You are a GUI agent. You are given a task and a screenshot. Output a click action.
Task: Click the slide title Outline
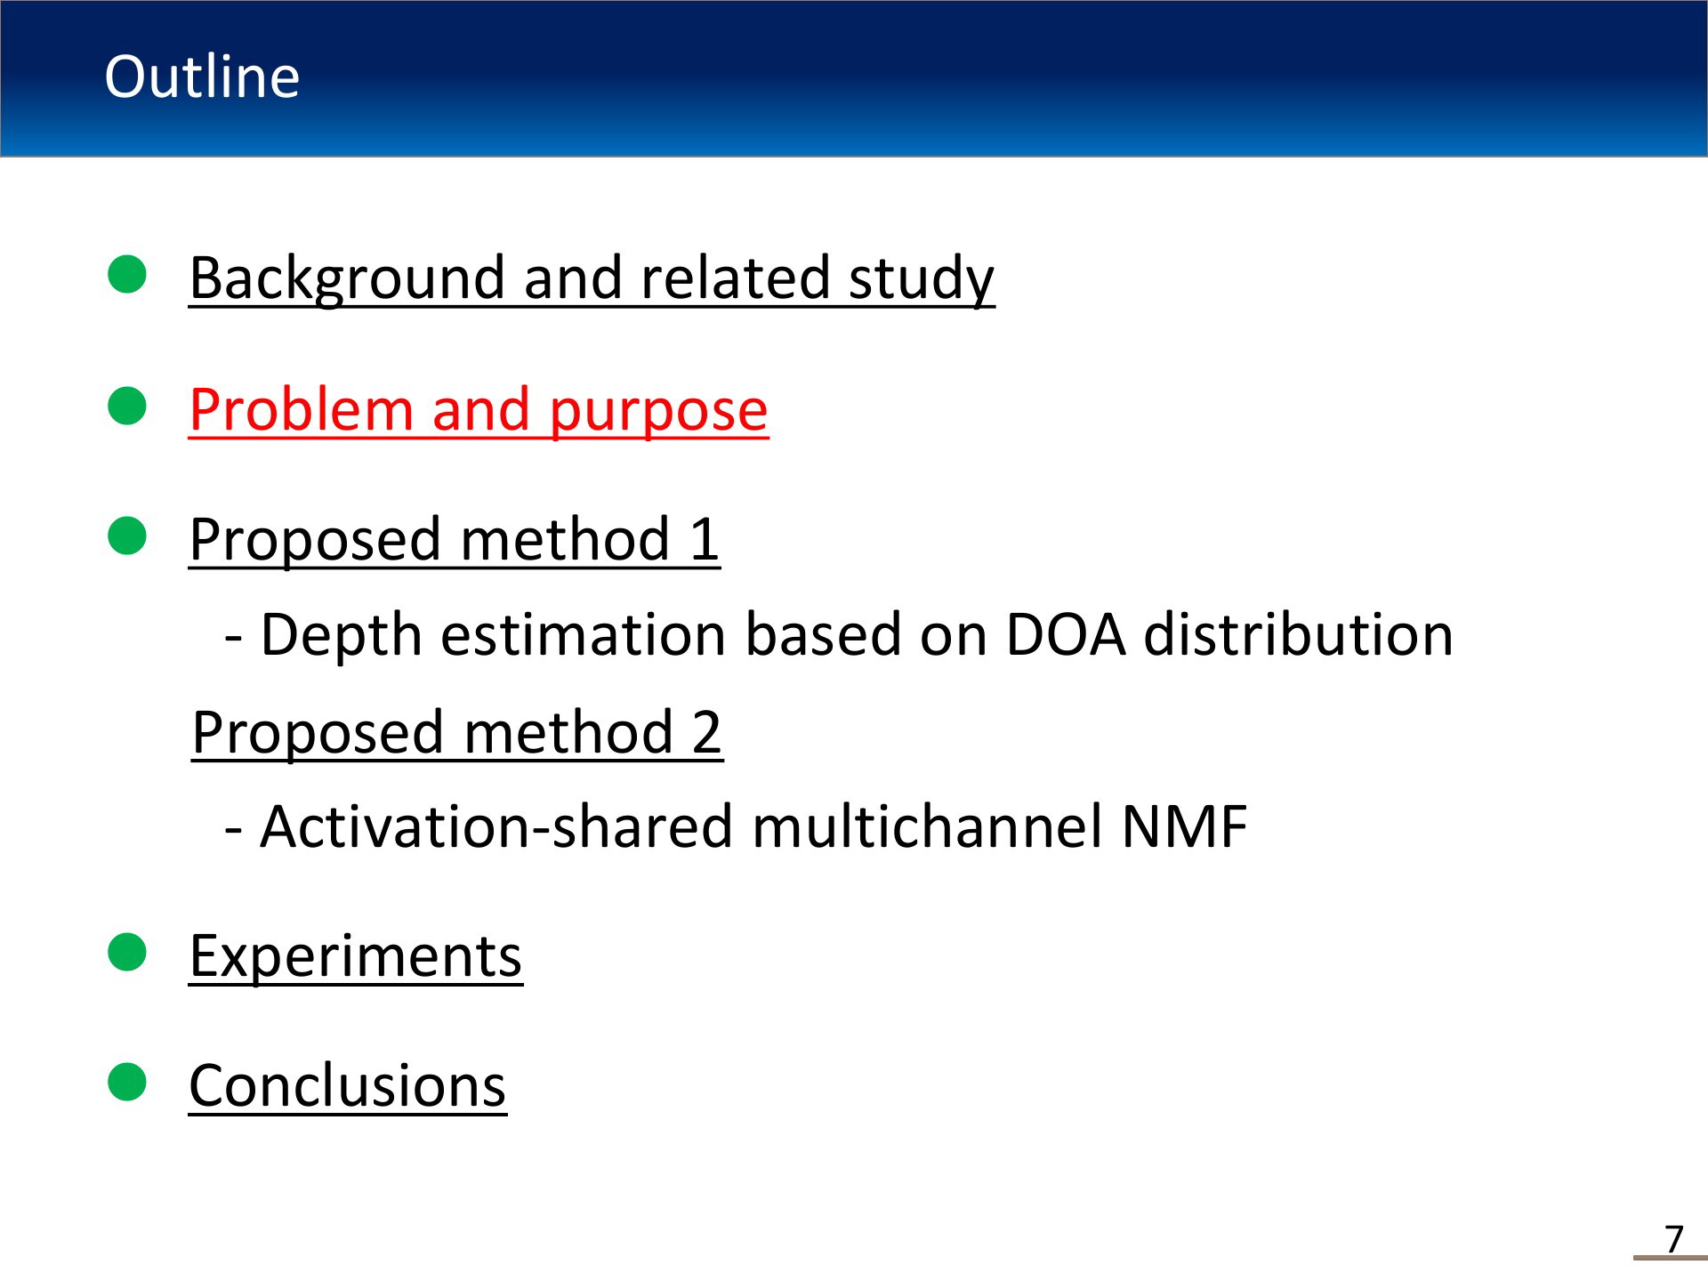pyautogui.click(x=202, y=77)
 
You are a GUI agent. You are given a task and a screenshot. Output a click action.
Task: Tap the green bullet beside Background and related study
pyautogui.click(x=127, y=274)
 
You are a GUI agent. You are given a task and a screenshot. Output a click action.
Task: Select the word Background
pyautogui.click(x=350, y=279)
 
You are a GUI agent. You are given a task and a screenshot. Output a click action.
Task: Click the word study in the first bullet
pyautogui.click(x=922, y=279)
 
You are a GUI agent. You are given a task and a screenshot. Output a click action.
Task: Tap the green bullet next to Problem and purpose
pyautogui.click(x=127, y=407)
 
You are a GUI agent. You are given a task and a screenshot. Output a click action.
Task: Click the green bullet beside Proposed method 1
pyautogui.click(x=127, y=536)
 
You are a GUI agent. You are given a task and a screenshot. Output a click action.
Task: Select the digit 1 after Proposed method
pyautogui.click(x=704, y=539)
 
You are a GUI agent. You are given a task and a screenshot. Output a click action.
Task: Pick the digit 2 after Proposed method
pyautogui.click(x=706, y=732)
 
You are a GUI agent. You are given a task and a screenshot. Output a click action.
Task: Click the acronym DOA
pyautogui.click(x=1066, y=635)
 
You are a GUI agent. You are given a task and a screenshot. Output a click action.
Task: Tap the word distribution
pyautogui.click(x=1298, y=635)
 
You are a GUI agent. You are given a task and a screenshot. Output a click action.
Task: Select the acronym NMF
pyautogui.click(x=1185, y=827)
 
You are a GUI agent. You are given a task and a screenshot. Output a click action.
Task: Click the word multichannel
pyautogui.click(x=927, y=826)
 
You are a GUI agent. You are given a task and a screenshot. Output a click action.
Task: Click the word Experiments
pyautogui.click(x=356, y=957)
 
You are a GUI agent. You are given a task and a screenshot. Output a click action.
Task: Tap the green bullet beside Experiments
pyautogui.click(x=127, y=953)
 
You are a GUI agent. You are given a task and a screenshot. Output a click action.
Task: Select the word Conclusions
pyautogui.click(x=348, y=1086)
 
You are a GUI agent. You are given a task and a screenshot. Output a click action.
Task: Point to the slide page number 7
pyautogui.click(x=1674, y=1239)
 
